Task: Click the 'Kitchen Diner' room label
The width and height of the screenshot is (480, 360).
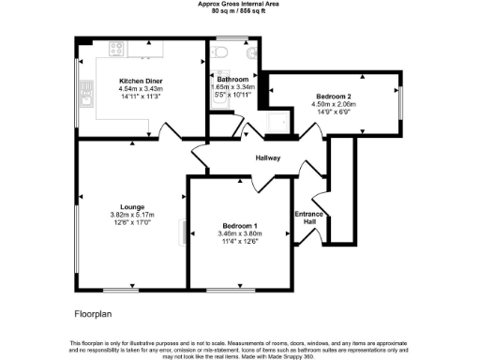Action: point(141,82)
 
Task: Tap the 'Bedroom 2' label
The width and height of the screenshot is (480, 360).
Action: point(333,97)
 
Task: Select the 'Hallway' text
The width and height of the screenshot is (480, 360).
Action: point(268,157)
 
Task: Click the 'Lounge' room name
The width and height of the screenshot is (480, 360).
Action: point(131,206)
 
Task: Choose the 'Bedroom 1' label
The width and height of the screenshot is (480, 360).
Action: point(239,226)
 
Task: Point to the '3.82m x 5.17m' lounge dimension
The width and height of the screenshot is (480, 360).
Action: point(131,215)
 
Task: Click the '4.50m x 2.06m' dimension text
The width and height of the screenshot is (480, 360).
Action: point(333,104)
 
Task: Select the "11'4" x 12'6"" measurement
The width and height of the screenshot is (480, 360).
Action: point(239,241)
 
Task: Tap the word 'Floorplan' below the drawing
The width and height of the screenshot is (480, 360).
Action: point(94,311)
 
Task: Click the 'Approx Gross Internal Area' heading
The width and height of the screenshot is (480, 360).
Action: point(239,4)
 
